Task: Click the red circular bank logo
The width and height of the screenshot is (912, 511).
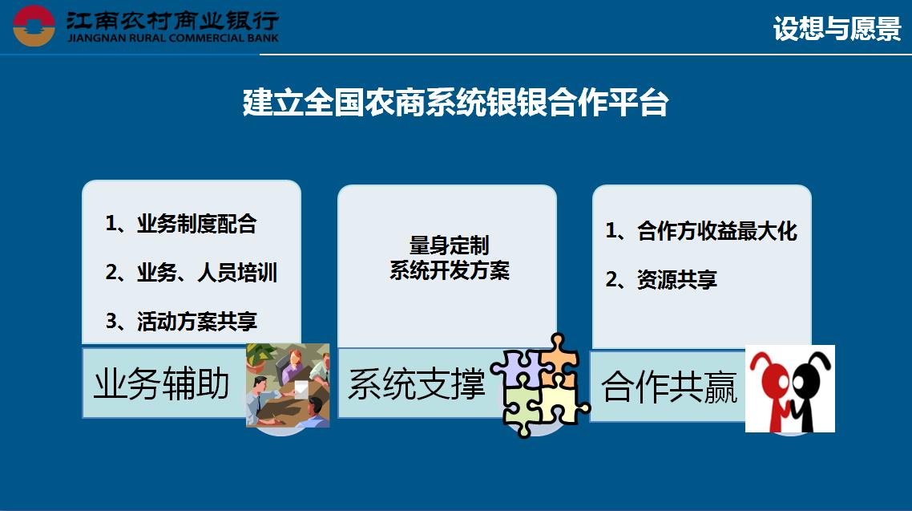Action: click(34, 26)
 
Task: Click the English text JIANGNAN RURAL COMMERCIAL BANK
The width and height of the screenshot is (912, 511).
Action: click(173, 38)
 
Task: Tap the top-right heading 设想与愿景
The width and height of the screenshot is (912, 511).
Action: click(837, 28)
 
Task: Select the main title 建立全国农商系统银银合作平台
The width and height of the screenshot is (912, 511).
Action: click(455, 103)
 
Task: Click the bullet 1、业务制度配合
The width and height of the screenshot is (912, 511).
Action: click(181, 224)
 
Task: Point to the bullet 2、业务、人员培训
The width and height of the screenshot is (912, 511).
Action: click(192, 273)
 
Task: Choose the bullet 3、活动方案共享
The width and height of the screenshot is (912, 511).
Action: click(181, 321)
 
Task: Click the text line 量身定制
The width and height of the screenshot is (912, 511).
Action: click(449, 245)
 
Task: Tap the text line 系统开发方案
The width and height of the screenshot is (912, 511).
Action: click(449, 270)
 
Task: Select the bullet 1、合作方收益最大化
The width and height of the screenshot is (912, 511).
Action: click(701, 231)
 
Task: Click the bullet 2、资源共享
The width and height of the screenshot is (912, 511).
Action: click(661, 280)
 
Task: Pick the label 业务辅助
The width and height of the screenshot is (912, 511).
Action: click(162, 383)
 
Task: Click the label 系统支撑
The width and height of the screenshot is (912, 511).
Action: click(417, 384)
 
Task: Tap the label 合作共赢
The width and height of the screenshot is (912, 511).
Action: click(669, 387)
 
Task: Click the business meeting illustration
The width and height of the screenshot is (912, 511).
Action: click(288, 385)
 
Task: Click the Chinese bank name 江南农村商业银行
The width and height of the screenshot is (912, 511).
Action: click(173, 20)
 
